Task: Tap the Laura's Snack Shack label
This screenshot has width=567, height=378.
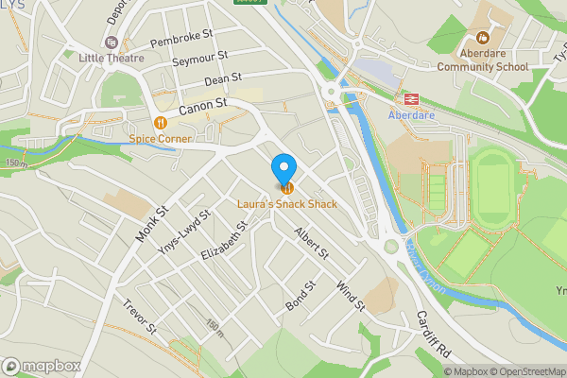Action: [x=287, y=205]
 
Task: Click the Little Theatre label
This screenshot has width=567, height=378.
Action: [x=112, y=58]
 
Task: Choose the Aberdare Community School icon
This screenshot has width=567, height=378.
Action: [x=482, y=39]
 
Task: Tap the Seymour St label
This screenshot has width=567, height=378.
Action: [x=201, y=60]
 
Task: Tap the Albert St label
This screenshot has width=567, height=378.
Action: [x=310, y=243]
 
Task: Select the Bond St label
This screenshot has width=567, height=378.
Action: [x=297, y=296]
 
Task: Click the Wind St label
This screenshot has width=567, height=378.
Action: [x=350, y=295]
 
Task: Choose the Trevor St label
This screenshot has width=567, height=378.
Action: [x=139, y=318]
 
